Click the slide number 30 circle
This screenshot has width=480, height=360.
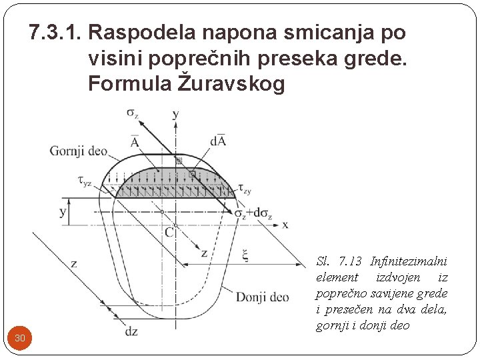[x=20, y=338]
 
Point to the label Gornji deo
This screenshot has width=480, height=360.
[x=78, y=151]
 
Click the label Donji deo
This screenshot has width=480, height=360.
[x=262, y=297]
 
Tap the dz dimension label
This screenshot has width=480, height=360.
[x=131, y=330]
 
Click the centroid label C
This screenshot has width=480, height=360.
[x=169, y=232]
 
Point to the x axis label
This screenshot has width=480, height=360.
[x=285, y=225]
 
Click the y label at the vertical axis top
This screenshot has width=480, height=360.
[x=175, y=115]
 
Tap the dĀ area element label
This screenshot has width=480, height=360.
[x=217, y=140]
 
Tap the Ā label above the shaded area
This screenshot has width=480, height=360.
[x=135, y=142]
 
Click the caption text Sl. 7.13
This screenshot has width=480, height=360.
[x=339, y=261]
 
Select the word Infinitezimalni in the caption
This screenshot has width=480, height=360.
[x=409, y=261]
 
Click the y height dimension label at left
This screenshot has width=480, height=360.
[x=63, y=212]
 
